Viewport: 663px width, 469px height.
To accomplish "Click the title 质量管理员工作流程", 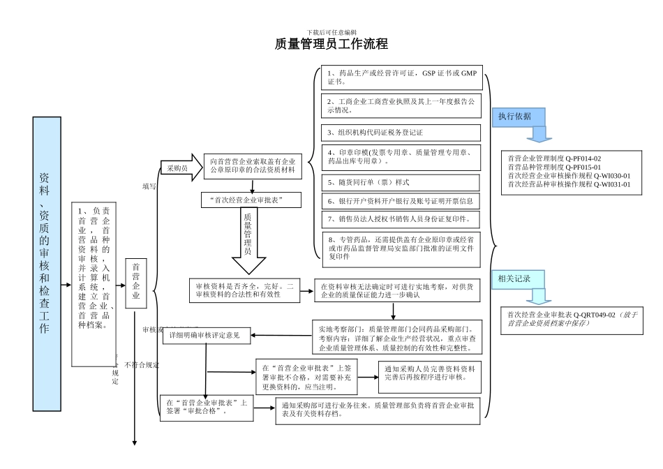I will (331, 44).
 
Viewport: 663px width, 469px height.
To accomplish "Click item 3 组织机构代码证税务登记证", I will (401, 133).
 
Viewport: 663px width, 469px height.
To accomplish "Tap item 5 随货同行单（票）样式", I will (401, 182).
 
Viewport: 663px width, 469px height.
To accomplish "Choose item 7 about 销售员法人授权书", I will (401, 219).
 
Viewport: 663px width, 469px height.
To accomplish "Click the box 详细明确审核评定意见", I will (205, 336).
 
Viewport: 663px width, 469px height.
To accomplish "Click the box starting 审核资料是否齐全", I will (244, 290).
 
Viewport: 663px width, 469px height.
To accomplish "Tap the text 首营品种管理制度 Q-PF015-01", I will (554, 167).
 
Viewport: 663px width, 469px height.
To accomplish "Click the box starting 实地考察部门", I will (396, 337).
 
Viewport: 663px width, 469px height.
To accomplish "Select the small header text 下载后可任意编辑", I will (331, 32).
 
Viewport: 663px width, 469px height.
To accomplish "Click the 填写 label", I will (149, 186).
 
